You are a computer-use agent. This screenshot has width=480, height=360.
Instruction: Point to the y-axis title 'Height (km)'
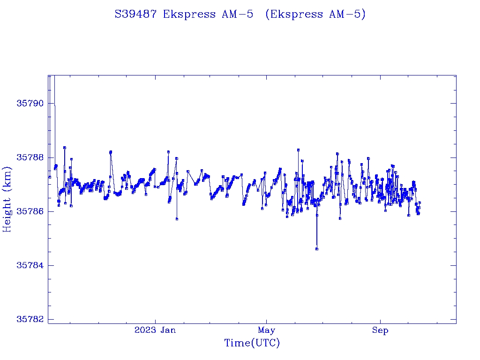point(7,199)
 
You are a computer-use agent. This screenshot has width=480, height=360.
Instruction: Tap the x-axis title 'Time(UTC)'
point(252,343)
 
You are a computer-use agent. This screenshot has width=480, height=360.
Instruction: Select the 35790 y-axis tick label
point(29,104)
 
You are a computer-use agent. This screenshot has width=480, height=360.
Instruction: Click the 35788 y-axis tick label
point(29,157)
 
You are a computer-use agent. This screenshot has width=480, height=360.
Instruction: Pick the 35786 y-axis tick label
point(29,211)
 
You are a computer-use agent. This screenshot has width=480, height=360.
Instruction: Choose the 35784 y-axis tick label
point(29,266)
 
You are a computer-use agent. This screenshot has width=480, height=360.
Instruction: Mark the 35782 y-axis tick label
point(29,320)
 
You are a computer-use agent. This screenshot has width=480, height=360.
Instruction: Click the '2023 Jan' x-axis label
point(155,330)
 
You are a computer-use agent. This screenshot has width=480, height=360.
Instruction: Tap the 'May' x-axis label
point(266,330)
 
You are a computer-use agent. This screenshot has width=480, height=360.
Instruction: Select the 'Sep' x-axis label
point(380,330)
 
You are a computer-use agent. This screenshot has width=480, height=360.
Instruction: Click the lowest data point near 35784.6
point(317,249)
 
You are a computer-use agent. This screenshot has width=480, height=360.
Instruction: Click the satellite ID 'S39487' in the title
point(136,15)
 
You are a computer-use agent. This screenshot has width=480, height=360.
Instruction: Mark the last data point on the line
point(420,202)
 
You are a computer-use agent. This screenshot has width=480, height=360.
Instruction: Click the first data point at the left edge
point(49,177)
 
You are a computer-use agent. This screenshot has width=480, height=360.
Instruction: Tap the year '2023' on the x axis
point(145,330)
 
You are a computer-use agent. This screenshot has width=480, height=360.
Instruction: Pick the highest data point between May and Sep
point(298,150)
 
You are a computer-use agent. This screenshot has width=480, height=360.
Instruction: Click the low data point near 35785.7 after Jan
point(177,219)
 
